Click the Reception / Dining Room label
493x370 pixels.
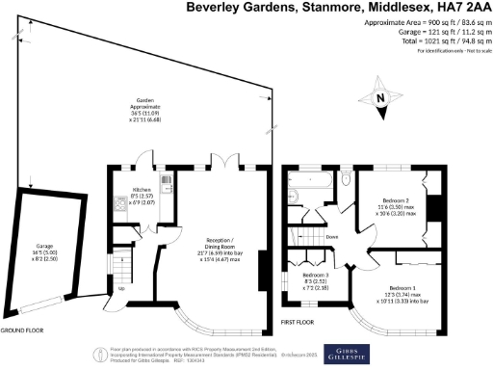pyautogui.click(x=220, y=249)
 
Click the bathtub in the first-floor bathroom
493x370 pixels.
pyautogui.click(x=308, y=180)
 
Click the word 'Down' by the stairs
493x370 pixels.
pyautogui.click(x=332, y=236)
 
